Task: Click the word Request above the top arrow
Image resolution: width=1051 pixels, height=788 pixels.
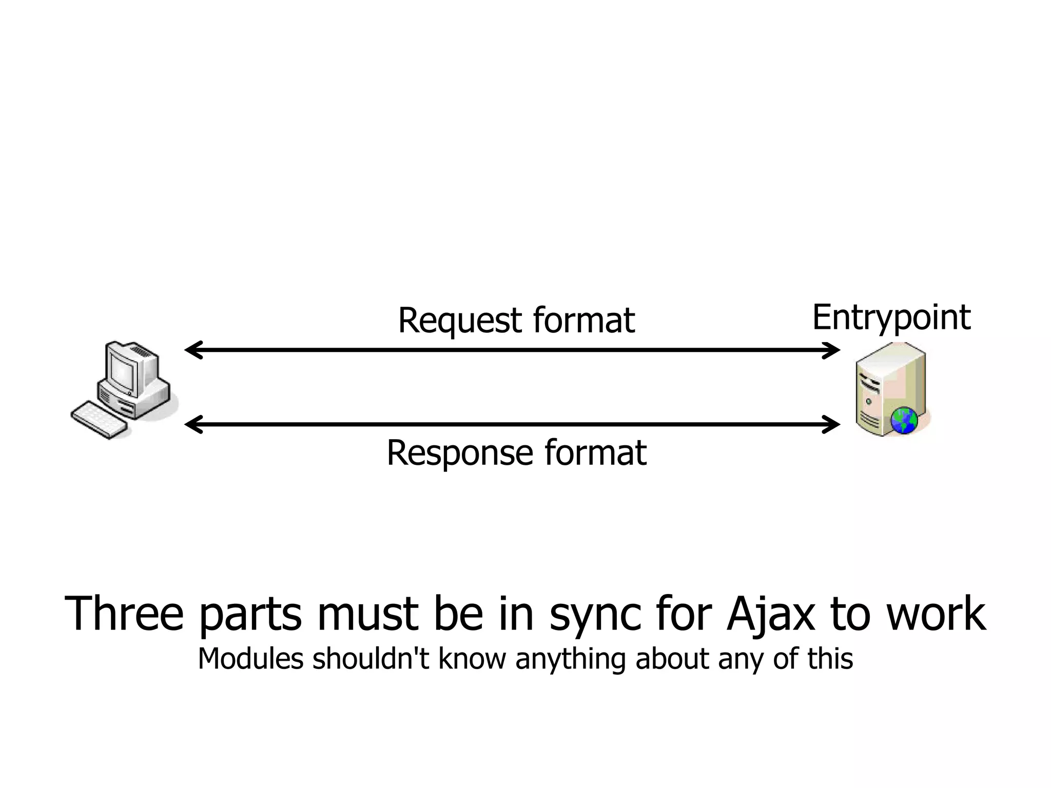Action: click(x=459, y=321)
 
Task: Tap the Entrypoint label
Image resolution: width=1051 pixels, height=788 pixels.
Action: click(x=891, y=318)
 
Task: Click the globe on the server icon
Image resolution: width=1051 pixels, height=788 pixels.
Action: click(x=904, y=421)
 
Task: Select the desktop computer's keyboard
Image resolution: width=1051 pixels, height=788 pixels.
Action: click(x=99, y=420)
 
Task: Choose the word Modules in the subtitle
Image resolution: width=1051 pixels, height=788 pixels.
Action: click(x=250, y=659)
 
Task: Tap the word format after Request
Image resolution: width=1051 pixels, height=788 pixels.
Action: click(x=583, y=320)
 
